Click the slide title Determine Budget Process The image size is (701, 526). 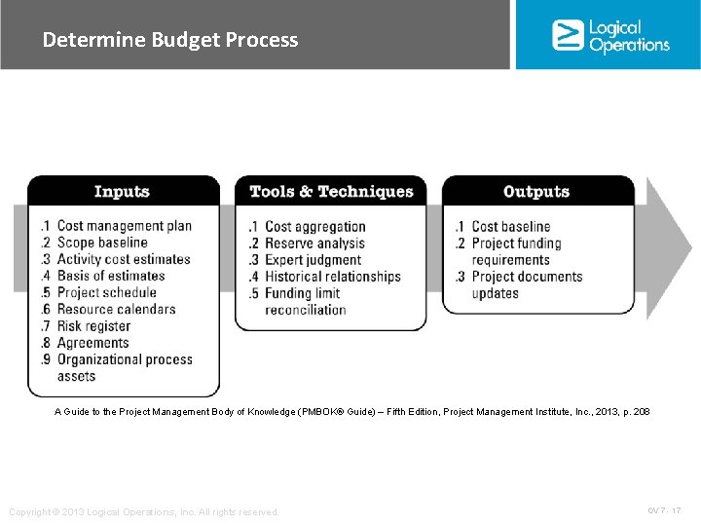[x=170, y=40]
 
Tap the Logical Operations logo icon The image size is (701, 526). [x=567, y=35]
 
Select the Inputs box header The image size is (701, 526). [x=123, y=192]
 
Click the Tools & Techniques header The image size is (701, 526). [x=331, y=192]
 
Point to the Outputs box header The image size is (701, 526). [x=536, y=192]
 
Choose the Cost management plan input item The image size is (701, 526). [x=124, y=226]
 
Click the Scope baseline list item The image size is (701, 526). [x=101, y=243]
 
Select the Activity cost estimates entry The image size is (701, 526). [x=123, y=259]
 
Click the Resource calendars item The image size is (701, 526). [x=116, y=309]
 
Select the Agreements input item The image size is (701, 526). [x=92, y=343]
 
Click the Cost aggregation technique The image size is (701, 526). [x=314, y=227]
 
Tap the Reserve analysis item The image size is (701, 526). [x=315, y=244]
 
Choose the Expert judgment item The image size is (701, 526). [x=313, y=260]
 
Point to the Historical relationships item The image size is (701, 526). [x=332, y=277]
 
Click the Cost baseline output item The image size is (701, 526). [x=510, y=227]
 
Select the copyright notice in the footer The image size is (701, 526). [x=143, y=511]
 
